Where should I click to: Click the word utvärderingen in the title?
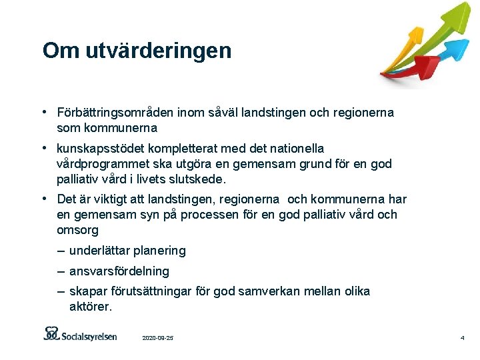(158, 51)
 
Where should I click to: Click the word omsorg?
(77, 230)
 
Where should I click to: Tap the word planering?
(160, 251)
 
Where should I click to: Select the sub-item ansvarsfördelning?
(119, 271)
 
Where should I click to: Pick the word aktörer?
(91, 307)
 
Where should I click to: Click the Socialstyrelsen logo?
(80, 334)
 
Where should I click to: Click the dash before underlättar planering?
(61, 251)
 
